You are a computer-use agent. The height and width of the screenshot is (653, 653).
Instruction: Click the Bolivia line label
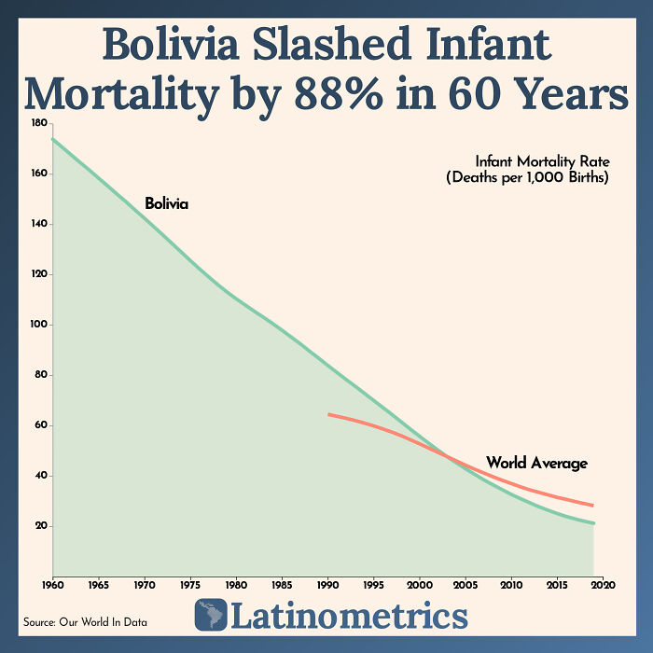(x=166, y=203)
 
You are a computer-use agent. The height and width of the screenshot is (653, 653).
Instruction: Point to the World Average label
(x=536, y=463)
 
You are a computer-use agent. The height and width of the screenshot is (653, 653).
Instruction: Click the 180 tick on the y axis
(x=38, y=123)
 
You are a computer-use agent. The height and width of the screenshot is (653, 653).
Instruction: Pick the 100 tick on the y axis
(x=38, y=325)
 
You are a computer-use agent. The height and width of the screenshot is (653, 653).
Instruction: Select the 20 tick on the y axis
(x=40, y=526)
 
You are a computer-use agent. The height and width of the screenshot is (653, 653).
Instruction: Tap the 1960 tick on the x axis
(x=52, y=585)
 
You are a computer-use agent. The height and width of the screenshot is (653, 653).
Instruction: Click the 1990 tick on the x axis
(x=327, y=585)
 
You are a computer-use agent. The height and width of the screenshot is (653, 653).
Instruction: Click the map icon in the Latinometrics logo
(x=211, y=616)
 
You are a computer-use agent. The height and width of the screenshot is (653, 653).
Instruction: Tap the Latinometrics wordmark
(x=348, y=617)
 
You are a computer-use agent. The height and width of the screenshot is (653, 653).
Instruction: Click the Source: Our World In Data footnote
(x=85, y=621)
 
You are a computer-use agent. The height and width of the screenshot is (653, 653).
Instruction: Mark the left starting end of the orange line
(x=328, y=413)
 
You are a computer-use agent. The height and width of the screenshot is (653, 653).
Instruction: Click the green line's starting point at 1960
(x=52, y=139)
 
